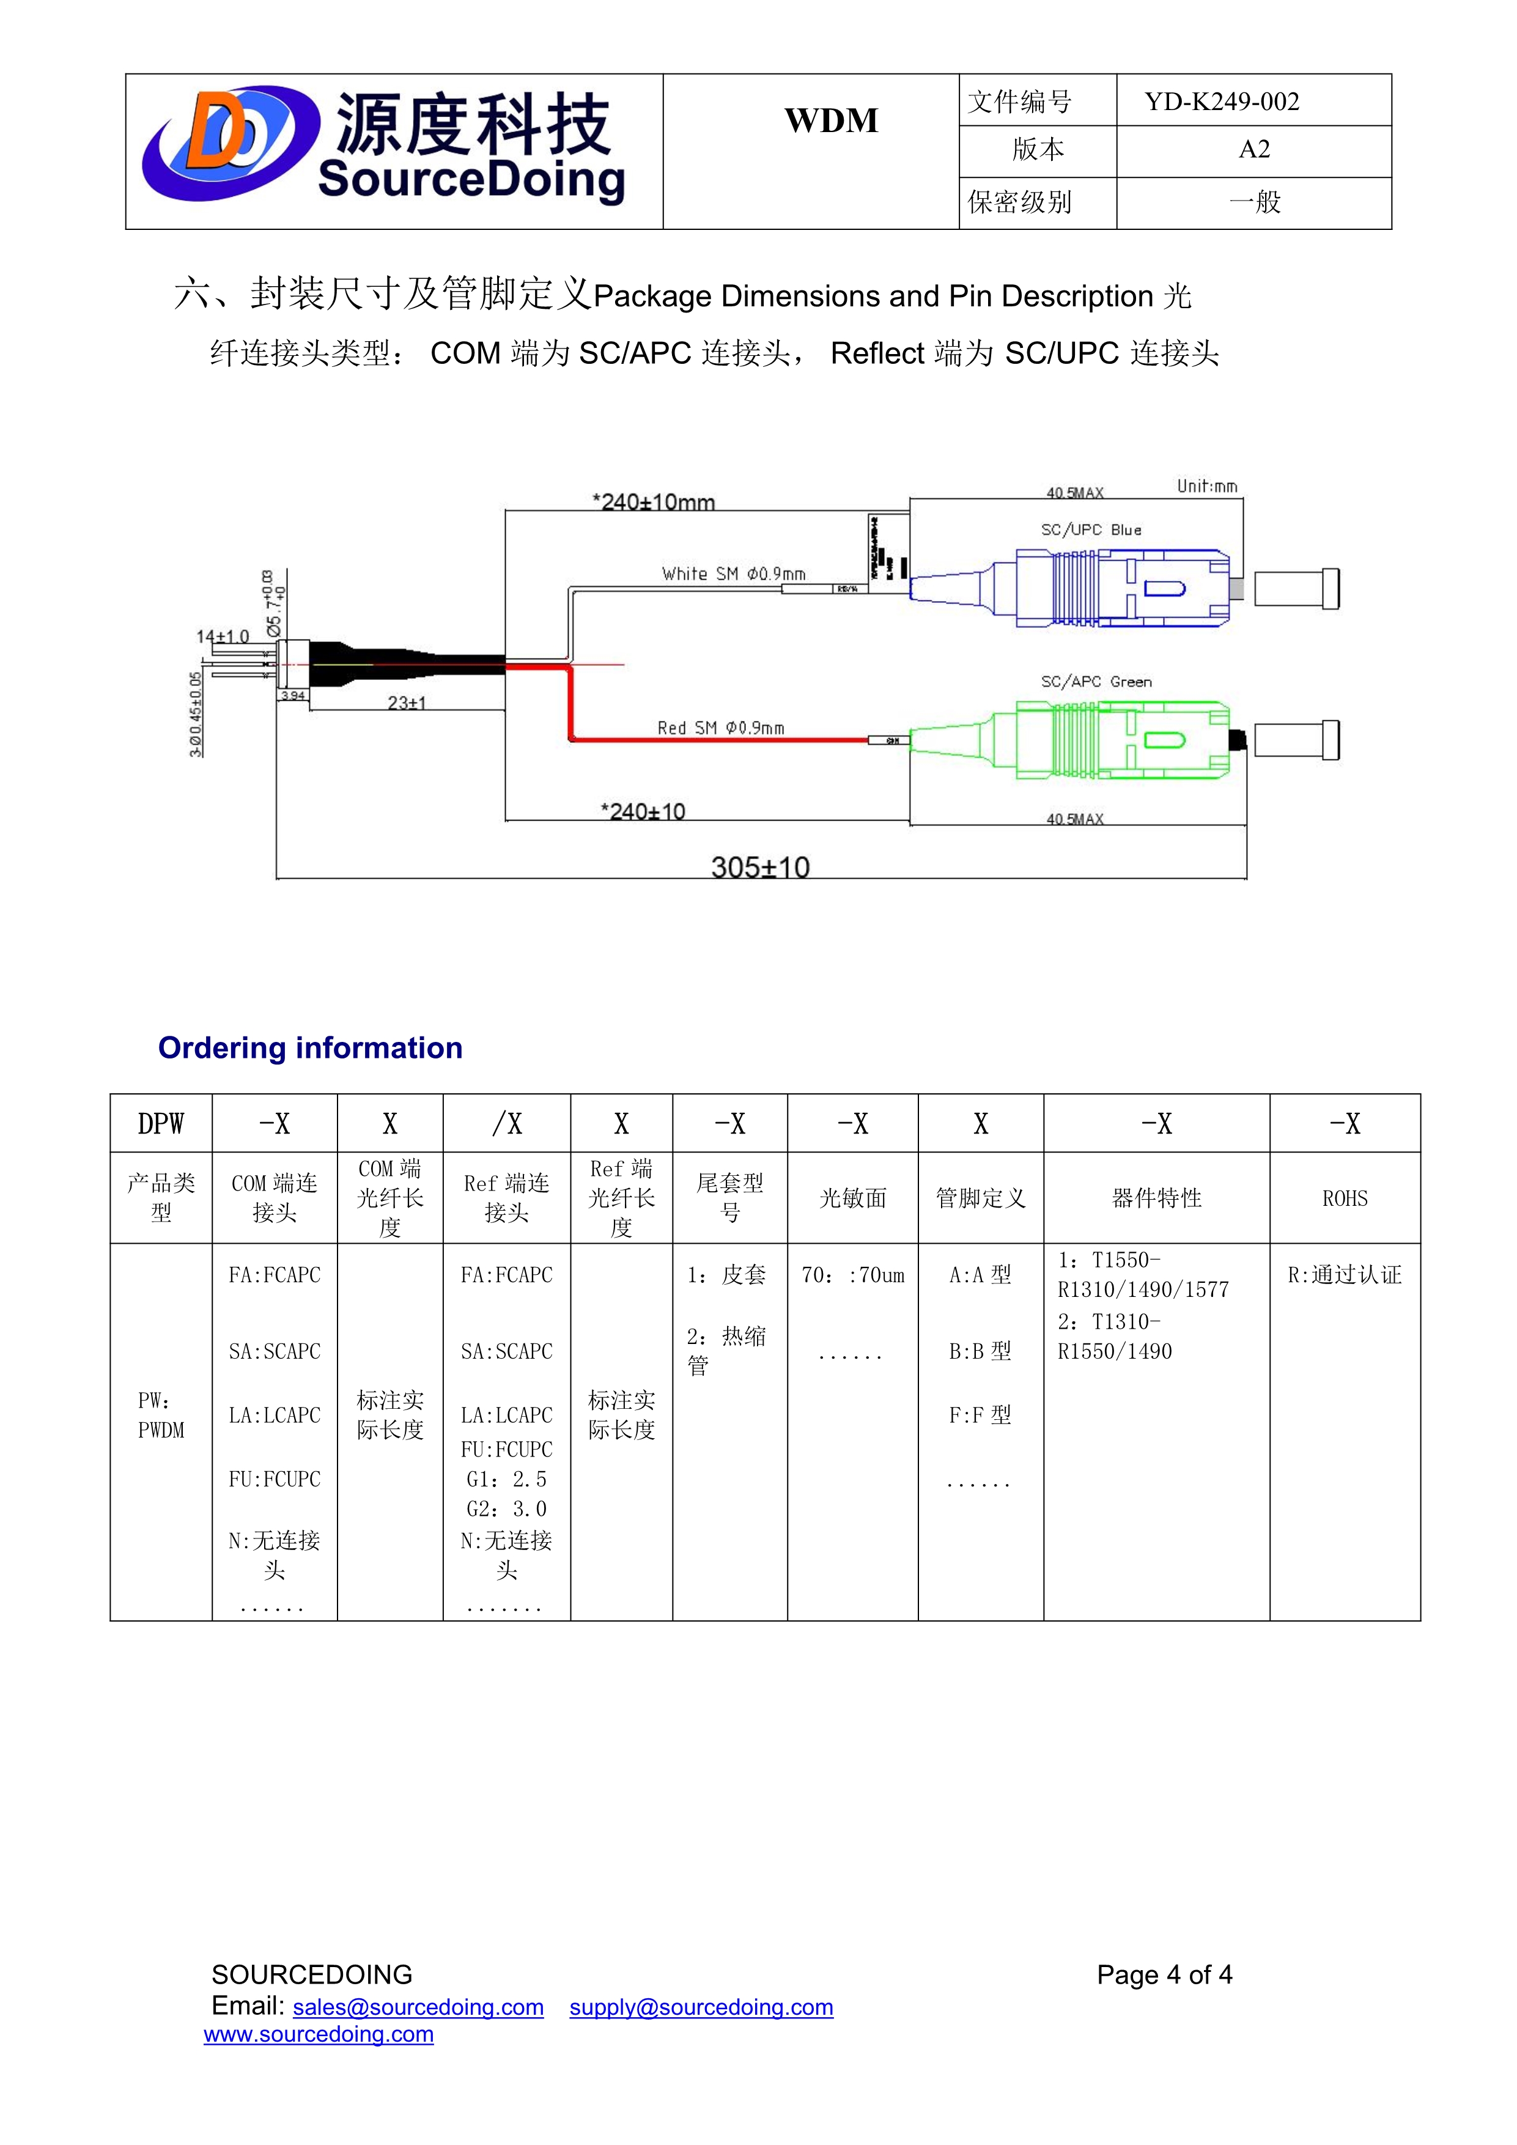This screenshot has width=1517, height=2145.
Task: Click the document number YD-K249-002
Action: (1222, 102)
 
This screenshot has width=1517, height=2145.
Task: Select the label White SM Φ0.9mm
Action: (733, 574)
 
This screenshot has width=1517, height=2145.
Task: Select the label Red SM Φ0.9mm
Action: (720, 728)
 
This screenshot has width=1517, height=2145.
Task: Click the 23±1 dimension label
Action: (407, 703)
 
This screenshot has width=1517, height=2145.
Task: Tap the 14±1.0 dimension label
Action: (223, 637)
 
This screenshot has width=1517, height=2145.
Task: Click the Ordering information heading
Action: (310, 1048)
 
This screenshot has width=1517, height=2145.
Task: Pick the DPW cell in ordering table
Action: (161, 1124)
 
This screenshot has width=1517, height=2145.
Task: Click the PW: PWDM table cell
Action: (161, 1416)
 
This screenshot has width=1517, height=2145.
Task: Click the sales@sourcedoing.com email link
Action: (418, 2007)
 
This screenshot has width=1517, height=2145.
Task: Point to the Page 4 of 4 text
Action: (1164, 1975)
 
